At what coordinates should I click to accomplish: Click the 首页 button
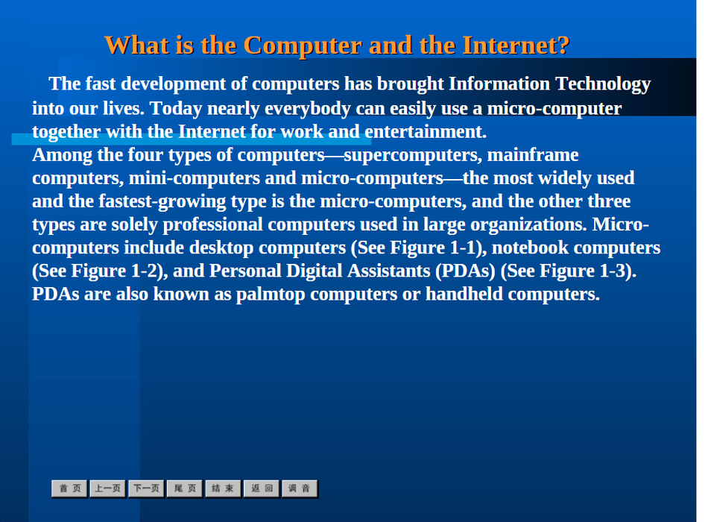pos(69,488)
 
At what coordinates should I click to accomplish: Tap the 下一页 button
pos(146,488)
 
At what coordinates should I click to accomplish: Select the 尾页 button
pos(185,488)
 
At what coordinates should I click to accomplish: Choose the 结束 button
pos(223,488)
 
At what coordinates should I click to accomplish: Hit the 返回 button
pos(262,488)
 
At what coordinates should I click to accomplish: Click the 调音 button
pos(300,488)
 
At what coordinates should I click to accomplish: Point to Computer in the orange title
pos(303,46)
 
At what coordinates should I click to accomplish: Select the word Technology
pos(603,84)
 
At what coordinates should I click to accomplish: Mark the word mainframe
pos(533,155)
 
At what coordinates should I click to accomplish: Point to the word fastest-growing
pos(162,202)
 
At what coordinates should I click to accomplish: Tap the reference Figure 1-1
pos(434,248)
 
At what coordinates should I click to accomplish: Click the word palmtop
pos(271,295)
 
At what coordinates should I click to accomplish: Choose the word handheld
pos(464,294)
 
